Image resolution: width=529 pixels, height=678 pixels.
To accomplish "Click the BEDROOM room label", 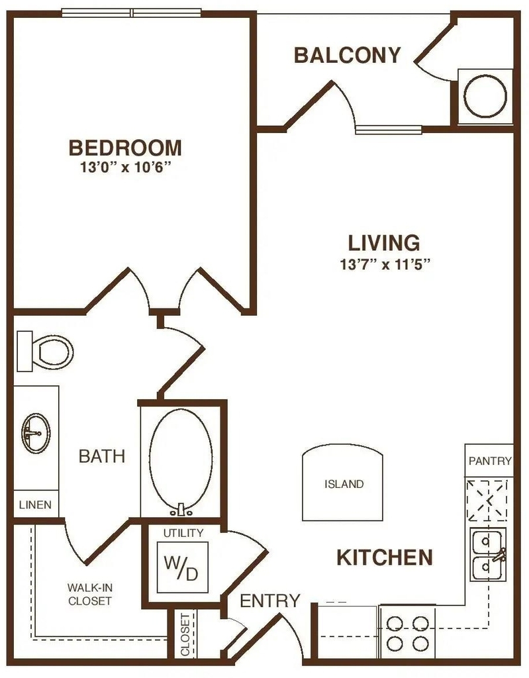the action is click(x=125, y=148).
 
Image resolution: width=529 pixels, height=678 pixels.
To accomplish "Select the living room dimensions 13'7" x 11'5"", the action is click(x=384, y=264).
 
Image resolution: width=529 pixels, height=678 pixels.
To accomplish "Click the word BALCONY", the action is click(x=348, y=56).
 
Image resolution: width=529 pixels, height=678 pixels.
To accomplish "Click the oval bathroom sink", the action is click(x=36, y=433).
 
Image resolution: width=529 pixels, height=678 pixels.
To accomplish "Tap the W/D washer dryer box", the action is click(x=182, y=567).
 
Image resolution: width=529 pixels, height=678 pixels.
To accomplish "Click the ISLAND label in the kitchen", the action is click(x=344, y=484).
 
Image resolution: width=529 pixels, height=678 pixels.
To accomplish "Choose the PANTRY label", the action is click(x=490, y=461).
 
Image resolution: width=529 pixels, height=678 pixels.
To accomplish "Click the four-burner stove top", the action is click(x=407, y=633).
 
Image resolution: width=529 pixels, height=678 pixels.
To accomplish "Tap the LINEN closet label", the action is click(x=36, y=505).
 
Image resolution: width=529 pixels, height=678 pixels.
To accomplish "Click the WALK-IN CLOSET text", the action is click(x=89, y=594).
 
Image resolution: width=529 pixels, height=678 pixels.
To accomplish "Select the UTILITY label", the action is click(x=183, y=533).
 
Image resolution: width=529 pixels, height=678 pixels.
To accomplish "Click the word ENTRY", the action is click(x=270, y=601).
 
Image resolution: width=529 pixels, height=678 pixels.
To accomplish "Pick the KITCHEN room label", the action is click(x=385, y=557).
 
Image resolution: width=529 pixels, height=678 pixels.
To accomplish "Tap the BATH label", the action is click(x=102, y=456).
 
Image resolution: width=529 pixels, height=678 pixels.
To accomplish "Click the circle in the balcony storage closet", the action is click(x=485, y=97).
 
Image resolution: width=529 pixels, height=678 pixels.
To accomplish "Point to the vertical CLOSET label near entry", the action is click(x=185, y=634).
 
